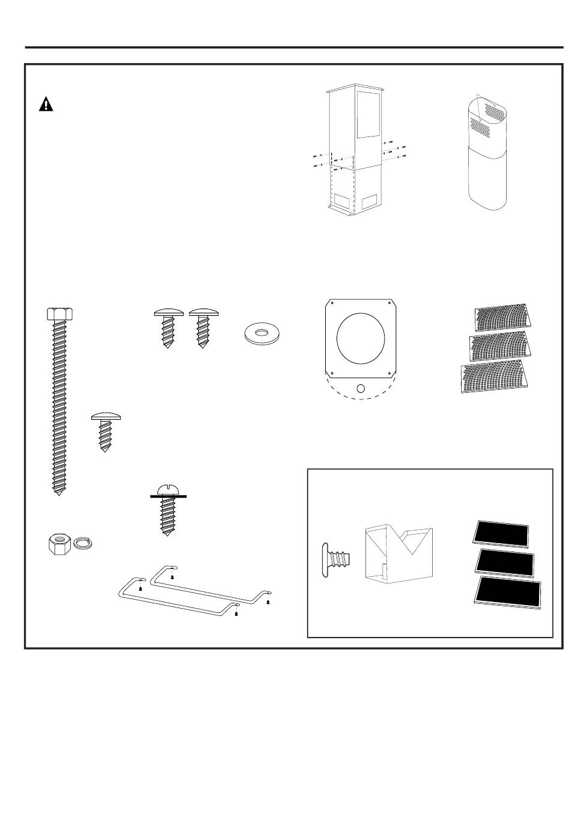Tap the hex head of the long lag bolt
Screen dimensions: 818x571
pyautogui.click(x=60, y=314)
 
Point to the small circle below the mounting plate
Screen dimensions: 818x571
pyautogui.click(x=361, y=389)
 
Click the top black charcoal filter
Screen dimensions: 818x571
pyautogui.click(x=501, y=534)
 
